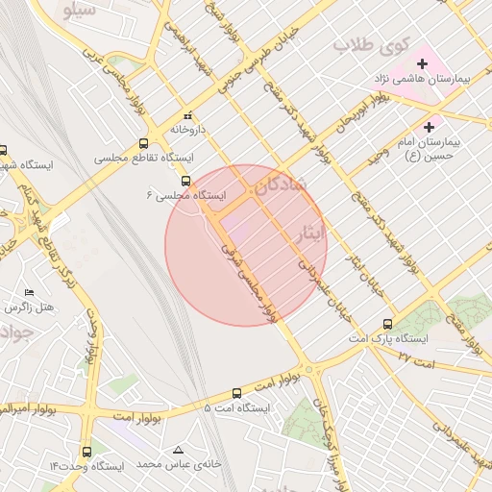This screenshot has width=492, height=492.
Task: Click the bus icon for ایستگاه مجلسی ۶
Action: (x=185, y=180)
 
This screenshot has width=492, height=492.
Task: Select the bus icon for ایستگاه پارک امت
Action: (x=387, y=324)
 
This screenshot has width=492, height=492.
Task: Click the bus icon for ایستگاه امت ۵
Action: (x=237, y=392)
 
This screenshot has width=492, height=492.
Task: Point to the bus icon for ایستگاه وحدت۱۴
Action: (x=86, y=451)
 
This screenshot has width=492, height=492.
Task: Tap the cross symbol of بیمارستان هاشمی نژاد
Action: (x=423, y=63)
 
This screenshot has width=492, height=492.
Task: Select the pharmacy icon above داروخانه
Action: (x=188, y=115)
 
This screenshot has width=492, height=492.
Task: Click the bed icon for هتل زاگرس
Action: (x=29, y=292)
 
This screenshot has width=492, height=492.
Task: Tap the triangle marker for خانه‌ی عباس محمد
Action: (x=178, y=450)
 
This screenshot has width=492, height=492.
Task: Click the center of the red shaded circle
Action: (x=246, y=245)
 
